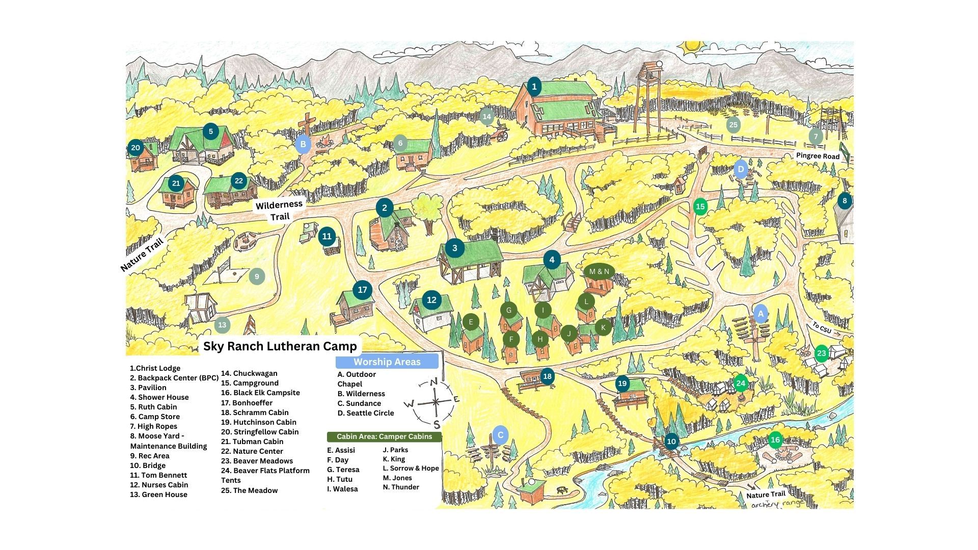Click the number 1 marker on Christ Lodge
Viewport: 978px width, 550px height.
click(x=534, y=87)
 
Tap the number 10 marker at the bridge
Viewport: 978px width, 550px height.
click(x=671, y=442)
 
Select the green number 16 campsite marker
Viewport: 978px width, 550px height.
click(x=775, y=440)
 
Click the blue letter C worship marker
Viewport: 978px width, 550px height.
click(x=500, y=435)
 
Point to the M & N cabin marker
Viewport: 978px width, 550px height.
click(x=599, y=271)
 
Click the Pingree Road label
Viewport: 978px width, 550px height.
click(x=818, y=156)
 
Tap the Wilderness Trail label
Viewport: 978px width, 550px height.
click(x=279, y=210)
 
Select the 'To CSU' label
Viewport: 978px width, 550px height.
click(x=822, y=328)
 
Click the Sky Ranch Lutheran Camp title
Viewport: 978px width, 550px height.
click(x=280, y=346)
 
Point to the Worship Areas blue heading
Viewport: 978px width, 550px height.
click(x=387, y=362)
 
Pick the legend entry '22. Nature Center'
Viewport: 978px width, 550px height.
click(x=252, y=451)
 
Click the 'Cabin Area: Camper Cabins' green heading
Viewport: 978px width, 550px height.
click(x=384, y=436)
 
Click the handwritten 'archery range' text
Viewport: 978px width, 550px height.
click(x=776, y=504)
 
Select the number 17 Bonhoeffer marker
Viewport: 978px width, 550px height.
click(x=362, y=290)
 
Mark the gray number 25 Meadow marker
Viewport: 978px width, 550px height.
click(x=733, y=125)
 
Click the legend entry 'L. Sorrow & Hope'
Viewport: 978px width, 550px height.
click(x=411, y=468)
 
